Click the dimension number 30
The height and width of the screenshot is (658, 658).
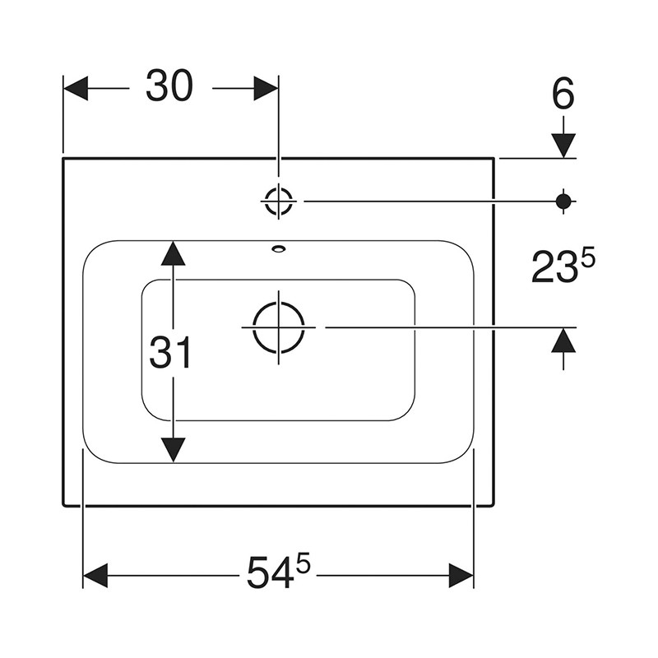point(169,86)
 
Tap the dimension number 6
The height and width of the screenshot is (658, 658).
point(563,94)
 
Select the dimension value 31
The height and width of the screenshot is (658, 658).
point(170,353)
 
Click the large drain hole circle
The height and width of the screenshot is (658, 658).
point(279,327)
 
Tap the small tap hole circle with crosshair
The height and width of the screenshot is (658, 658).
point(278,201)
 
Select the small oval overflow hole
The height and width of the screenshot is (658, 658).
point(278,249)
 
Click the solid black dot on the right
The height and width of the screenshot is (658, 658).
point(563,201)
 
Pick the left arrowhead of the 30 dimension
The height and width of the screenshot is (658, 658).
point(76,88)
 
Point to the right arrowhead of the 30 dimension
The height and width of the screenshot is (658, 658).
point(266,88)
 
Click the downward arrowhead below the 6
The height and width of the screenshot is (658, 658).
point(563,146)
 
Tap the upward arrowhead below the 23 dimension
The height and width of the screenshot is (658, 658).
point(563,340)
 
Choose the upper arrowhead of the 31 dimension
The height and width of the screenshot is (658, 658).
point(174,253)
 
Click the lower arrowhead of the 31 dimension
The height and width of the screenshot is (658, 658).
point(174,451)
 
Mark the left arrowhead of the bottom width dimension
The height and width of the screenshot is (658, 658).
point(95,575)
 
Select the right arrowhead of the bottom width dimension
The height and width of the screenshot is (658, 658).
point(461,575)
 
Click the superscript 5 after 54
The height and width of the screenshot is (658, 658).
point(303,564)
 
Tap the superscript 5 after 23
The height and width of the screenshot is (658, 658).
point(587,257)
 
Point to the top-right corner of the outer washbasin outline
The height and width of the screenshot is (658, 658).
point(494,158)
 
